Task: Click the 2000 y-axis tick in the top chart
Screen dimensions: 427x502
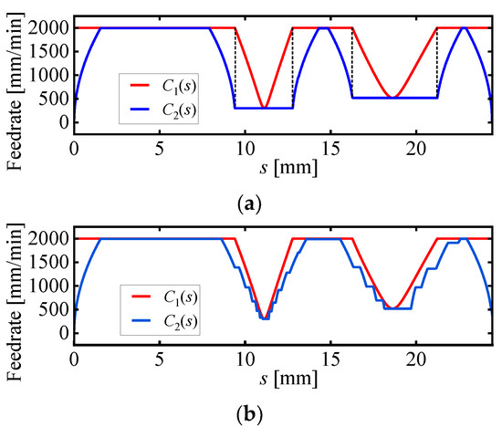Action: [x=48, y=28]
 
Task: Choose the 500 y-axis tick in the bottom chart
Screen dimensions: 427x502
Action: [x=55, y=309]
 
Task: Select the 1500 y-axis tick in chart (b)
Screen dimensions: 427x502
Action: [x=48, y=263]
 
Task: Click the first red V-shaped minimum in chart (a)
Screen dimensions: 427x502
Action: [x=264, y=108]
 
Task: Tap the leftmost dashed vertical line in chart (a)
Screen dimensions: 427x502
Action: [x=235, y=68]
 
